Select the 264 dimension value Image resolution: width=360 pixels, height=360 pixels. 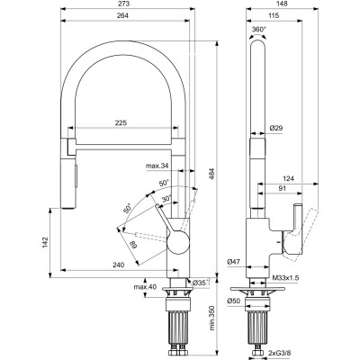122,15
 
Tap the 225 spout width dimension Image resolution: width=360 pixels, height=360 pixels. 121,122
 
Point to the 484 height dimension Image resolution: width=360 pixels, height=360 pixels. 212,174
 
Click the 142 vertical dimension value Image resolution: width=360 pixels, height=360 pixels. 45,242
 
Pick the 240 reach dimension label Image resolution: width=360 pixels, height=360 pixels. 118,265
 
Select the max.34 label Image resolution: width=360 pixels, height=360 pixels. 157,166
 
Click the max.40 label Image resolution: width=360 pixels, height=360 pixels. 145,287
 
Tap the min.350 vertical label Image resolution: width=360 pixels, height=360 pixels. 212,318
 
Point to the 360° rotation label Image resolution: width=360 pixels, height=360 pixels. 259,30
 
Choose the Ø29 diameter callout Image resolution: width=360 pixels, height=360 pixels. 276,128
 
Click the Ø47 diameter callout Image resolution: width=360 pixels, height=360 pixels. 234,262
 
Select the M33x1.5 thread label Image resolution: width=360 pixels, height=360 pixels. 285,278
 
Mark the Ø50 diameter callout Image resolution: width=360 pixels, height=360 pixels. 234,301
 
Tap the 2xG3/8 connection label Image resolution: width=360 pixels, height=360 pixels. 280,352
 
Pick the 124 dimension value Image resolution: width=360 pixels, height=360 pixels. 288,179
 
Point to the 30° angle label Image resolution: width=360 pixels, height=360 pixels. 166,199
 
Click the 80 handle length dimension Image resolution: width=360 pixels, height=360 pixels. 132,245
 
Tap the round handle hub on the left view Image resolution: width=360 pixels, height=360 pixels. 178,242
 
